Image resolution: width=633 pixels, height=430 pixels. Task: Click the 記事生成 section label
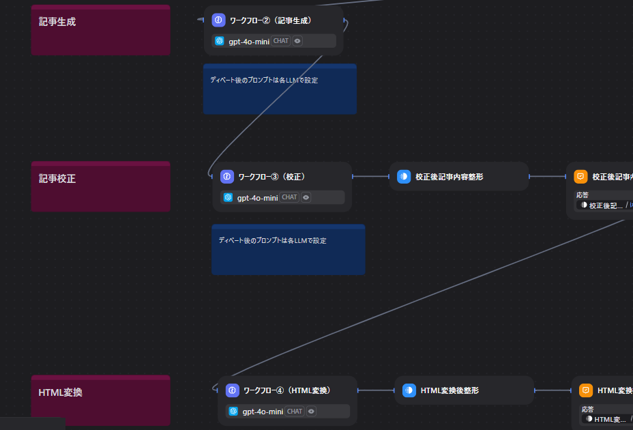[x=57, y=21]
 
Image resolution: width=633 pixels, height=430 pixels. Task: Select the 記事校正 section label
[x=57, y=179]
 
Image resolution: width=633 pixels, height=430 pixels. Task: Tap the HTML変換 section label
[x=61, y=392]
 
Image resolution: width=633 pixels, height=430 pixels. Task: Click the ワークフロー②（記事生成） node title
[x=270, y=20]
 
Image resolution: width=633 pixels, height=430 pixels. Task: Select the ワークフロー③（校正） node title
[x=271, y=177]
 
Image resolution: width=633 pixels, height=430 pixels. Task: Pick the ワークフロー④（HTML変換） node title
[x=286, y=390]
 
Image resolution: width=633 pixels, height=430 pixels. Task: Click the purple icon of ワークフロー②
[x=218, y=20]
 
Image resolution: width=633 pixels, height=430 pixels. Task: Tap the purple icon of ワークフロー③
[x=227, y=177]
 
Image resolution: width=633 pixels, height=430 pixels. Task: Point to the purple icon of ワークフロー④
[x=232, y=390]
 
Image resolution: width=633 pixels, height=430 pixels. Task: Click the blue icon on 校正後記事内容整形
[x=404, y=177]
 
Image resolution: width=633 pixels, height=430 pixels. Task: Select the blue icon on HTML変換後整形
[x=409, y=390]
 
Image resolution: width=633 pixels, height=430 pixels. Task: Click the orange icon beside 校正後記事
[x=580, y=177]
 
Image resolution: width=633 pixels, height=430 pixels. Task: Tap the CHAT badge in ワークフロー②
[x=281, y=41]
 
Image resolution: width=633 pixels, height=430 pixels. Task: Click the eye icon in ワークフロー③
[x=306, y=197]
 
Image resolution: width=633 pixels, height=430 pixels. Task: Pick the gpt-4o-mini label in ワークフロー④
[x=263, y=412]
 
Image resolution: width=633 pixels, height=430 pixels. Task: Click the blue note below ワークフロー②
[x=280, y=89]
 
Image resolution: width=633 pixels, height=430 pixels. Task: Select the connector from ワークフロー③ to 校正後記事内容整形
[x=370, y=177]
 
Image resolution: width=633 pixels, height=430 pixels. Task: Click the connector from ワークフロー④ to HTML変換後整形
[x=376, y=390]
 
